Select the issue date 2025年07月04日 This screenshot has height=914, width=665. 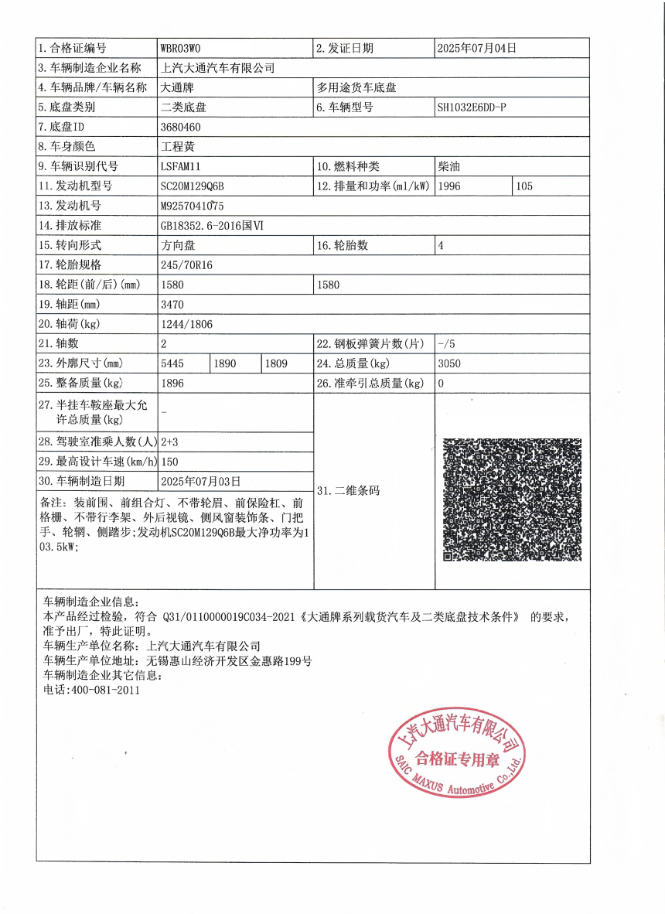point(476,48)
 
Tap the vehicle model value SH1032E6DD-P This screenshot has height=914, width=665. point(472,107)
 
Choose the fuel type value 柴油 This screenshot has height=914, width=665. point(448,166)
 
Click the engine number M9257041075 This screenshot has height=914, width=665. point(192,206)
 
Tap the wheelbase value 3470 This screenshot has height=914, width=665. point(172,305)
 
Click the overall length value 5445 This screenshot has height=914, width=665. point(172,363)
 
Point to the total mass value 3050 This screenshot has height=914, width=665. point(449,363)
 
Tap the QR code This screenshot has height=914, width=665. point(511,500)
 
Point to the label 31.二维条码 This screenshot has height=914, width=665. point(349,490)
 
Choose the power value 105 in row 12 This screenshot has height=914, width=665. point(523,186)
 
